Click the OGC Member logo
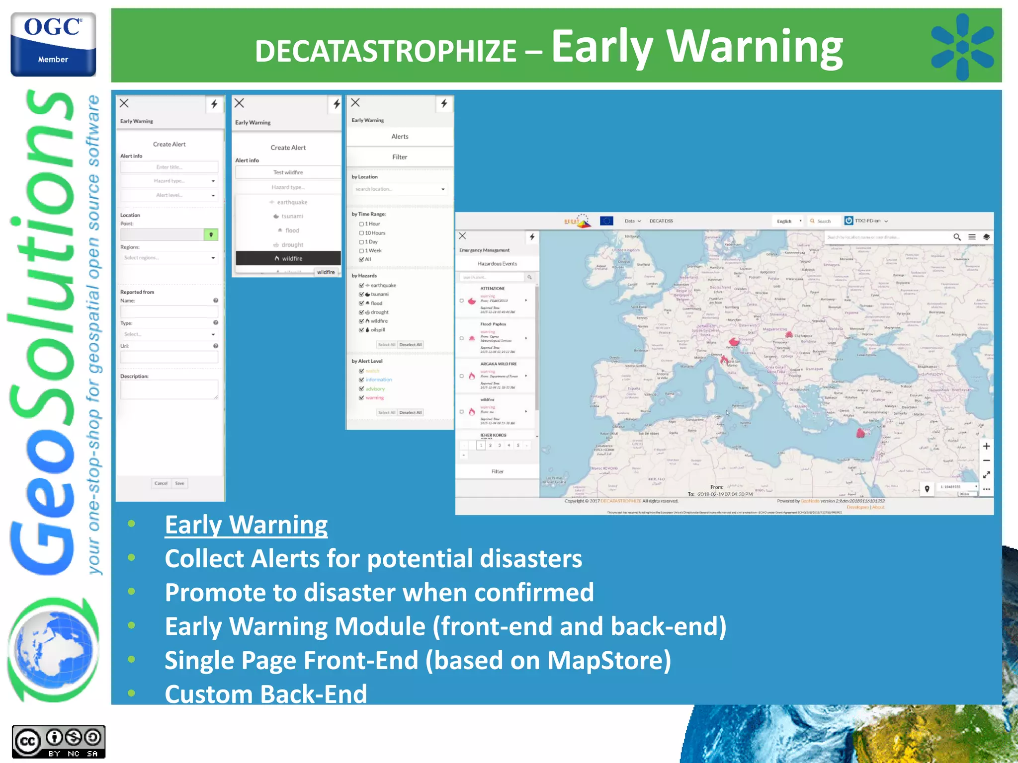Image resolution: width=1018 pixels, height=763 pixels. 53,45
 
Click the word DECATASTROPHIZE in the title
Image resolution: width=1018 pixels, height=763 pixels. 386,51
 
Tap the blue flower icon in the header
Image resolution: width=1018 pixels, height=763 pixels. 962,47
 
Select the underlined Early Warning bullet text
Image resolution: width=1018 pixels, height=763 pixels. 246,525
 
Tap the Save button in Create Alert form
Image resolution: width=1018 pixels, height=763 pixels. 179,483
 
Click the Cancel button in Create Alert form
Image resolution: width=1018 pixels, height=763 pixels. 161,483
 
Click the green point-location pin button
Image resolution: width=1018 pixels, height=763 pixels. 211,234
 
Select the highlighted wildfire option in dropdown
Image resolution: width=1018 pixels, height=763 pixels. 288,258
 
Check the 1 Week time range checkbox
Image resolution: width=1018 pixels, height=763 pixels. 361,251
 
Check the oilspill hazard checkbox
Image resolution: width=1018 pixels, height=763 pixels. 361,330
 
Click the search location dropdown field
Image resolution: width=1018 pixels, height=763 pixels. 399,189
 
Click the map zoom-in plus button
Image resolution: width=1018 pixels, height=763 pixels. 986,446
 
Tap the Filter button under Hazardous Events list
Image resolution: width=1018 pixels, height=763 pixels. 497,471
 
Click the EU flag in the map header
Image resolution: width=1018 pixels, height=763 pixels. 606,221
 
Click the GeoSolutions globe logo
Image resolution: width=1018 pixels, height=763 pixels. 53,649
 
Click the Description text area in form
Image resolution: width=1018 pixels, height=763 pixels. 169,389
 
